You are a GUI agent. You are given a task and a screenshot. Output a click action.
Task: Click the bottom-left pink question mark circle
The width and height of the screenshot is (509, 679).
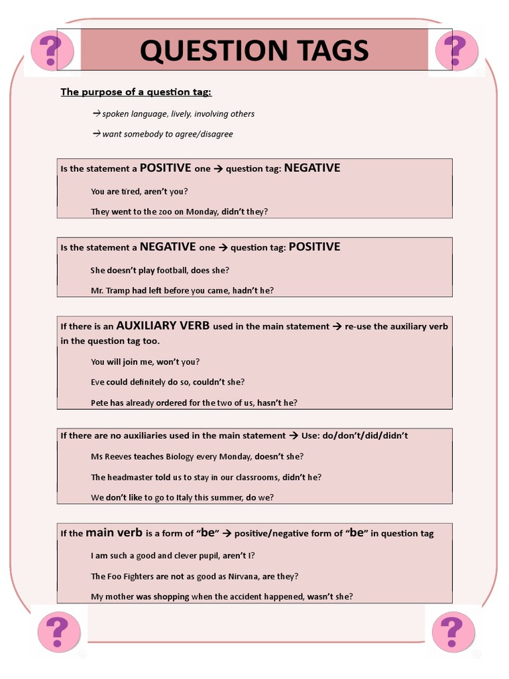58,631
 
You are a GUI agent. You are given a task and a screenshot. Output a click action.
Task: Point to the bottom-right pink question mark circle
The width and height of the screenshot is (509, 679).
453,631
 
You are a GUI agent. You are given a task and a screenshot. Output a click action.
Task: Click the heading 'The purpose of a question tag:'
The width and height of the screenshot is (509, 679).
137,92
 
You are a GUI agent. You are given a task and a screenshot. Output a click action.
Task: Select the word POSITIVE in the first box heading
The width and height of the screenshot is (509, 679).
166,168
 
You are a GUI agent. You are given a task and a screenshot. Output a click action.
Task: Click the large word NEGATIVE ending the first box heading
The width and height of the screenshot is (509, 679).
312,168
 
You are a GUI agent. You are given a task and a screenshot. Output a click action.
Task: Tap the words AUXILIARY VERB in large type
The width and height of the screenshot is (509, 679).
163,326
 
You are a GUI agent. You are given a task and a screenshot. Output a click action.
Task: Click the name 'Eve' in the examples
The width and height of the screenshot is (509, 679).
97,382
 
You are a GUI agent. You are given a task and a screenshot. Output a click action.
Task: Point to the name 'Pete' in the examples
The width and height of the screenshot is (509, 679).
99,402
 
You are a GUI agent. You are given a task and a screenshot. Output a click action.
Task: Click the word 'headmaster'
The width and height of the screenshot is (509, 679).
130,477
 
